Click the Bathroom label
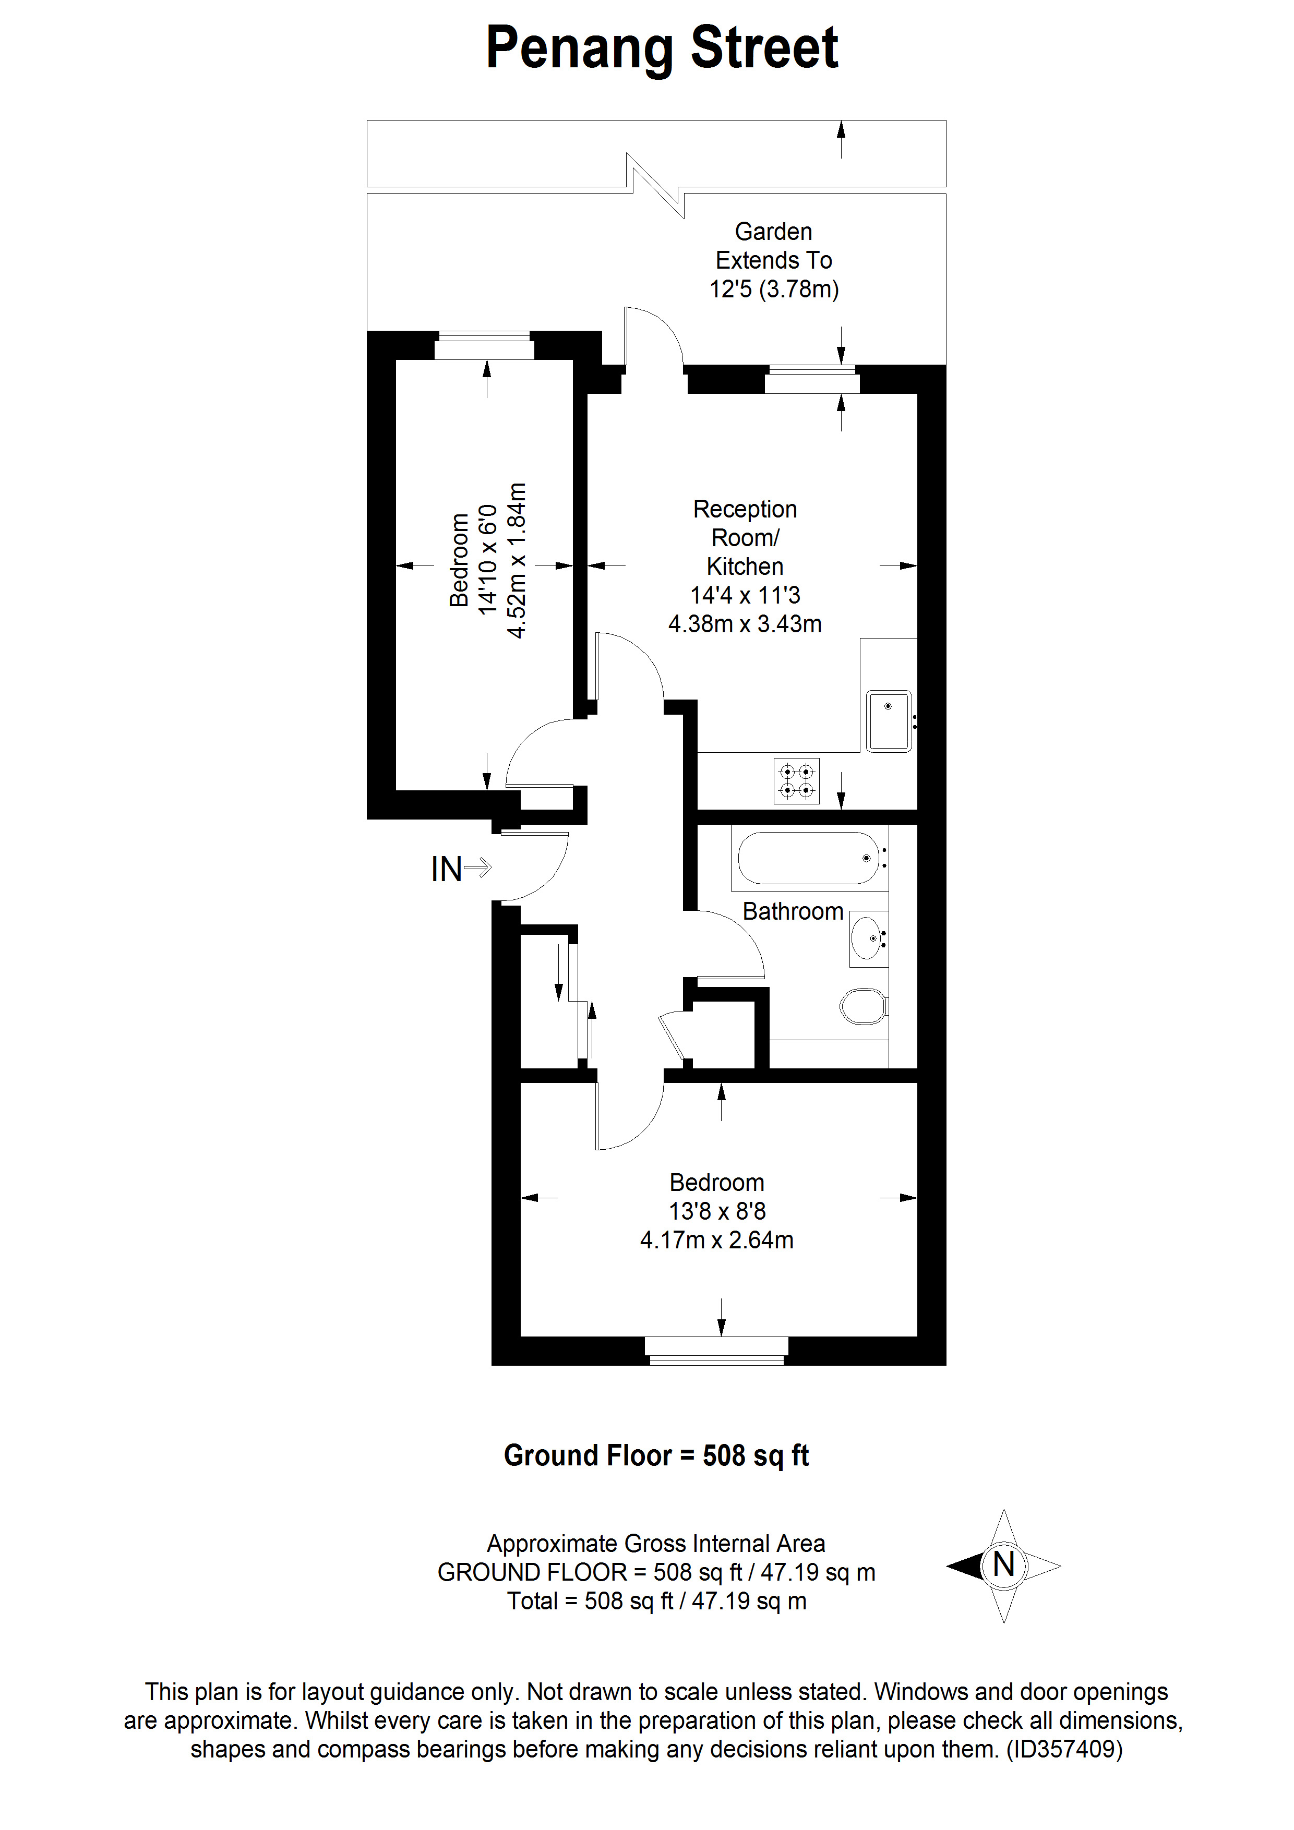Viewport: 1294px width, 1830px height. click(793, 911)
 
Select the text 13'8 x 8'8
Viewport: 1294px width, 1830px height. click(717, 1211)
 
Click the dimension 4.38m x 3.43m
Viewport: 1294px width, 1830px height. click(745, 623)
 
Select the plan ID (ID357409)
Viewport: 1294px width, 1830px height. click(1064, 1749)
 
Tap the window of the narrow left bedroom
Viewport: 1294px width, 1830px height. click(484, 345)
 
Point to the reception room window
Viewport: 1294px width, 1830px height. click(812, 379)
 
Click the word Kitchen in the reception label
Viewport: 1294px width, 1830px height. click(745, 566)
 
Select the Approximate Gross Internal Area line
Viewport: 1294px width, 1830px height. click(656, 1543)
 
